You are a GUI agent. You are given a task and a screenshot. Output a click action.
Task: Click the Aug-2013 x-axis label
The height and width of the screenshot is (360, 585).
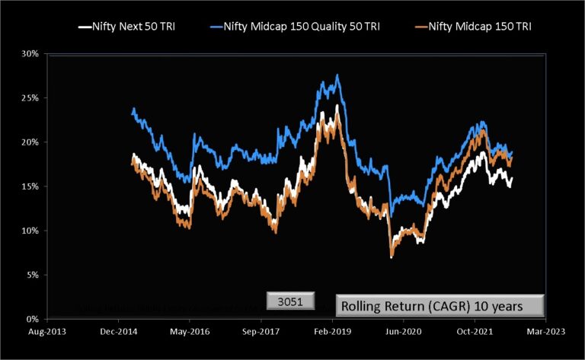tap(47, 332)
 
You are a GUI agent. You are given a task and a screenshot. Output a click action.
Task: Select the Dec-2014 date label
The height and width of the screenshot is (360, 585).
tap(118, 332)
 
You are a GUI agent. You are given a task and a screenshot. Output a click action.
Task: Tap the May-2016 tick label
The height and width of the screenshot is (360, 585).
tap(190, 332)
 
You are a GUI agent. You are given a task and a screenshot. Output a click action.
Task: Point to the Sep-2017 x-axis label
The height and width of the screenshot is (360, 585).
tap(261, 332)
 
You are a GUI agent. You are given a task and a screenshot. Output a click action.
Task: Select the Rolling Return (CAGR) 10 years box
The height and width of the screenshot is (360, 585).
tap(441, 306)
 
